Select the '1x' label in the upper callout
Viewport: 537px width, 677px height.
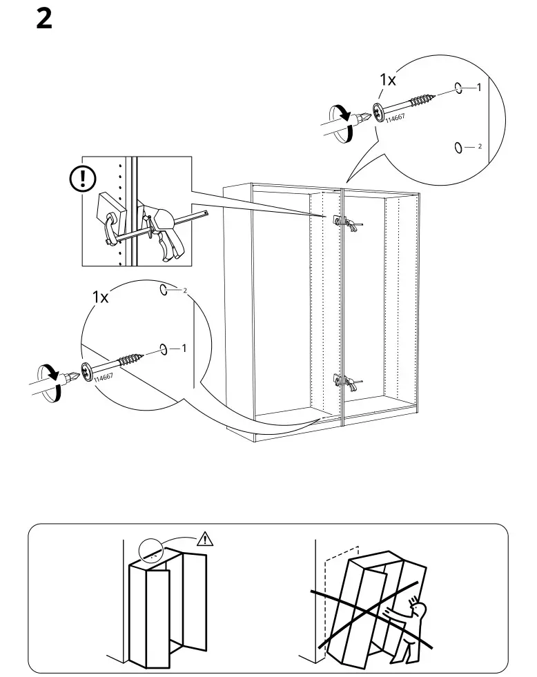388,80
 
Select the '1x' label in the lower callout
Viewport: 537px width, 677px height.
101,297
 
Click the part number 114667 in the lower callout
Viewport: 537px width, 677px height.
103,377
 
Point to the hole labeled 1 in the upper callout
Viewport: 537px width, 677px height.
458,88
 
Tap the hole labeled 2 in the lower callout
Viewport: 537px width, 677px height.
164,291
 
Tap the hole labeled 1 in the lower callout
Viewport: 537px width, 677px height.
164,349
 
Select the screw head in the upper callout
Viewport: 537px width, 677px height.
379,111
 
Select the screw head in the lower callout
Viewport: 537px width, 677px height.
86,370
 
